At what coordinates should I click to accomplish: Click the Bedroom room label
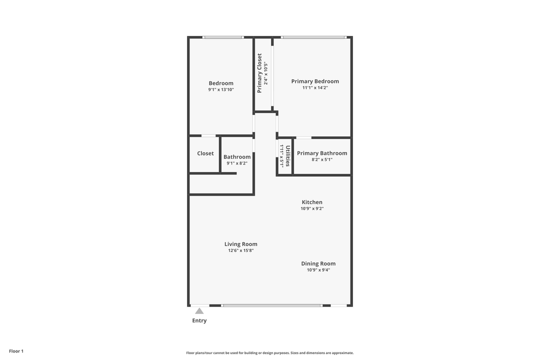tap(221, 83)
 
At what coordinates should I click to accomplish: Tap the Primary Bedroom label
tap(315, 81)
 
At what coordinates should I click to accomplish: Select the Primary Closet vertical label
tap(259, 73)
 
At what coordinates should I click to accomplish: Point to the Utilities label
tap(288, 155)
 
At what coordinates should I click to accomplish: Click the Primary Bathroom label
tap(322, 153)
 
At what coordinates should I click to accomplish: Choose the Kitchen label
tap(312, 202)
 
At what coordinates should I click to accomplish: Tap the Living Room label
tap(241, 244)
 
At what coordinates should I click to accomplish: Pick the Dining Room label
tap(318, 264)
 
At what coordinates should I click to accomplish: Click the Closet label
tap(205, 153)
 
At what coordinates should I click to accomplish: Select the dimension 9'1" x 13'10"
tap(221, 90)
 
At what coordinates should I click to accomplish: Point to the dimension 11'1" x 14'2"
tap(315, 88)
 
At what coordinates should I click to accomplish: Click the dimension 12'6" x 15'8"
tap(241, 251)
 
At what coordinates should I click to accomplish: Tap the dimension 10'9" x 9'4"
tap(318, 270)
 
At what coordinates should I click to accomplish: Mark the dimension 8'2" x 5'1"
tap(322, 160)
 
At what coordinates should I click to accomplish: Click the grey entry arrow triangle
tap(199, 311)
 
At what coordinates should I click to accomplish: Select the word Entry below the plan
tap(199, 321)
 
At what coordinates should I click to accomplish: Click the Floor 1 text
tap(16, 351)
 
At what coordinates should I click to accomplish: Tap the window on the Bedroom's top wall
tap(223, 37)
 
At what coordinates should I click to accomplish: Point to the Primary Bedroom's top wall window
tap(313, 37)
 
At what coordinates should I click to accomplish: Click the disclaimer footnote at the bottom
tap(270, 353)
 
